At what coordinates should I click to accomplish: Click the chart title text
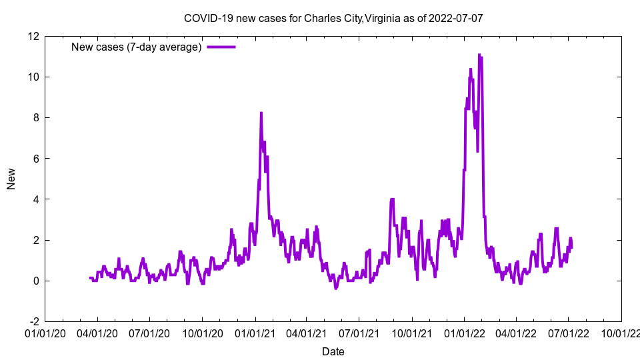point(333,18)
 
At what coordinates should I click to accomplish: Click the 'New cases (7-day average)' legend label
point(136,47)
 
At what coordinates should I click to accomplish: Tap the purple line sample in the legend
point(221,47)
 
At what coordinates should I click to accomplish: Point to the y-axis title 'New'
point(11,179)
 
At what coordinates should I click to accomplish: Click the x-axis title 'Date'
point(333,351)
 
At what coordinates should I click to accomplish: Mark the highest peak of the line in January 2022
point(479,55)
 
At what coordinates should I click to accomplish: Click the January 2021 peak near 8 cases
point(261,113)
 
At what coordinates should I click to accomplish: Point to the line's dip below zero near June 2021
point(336,289)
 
